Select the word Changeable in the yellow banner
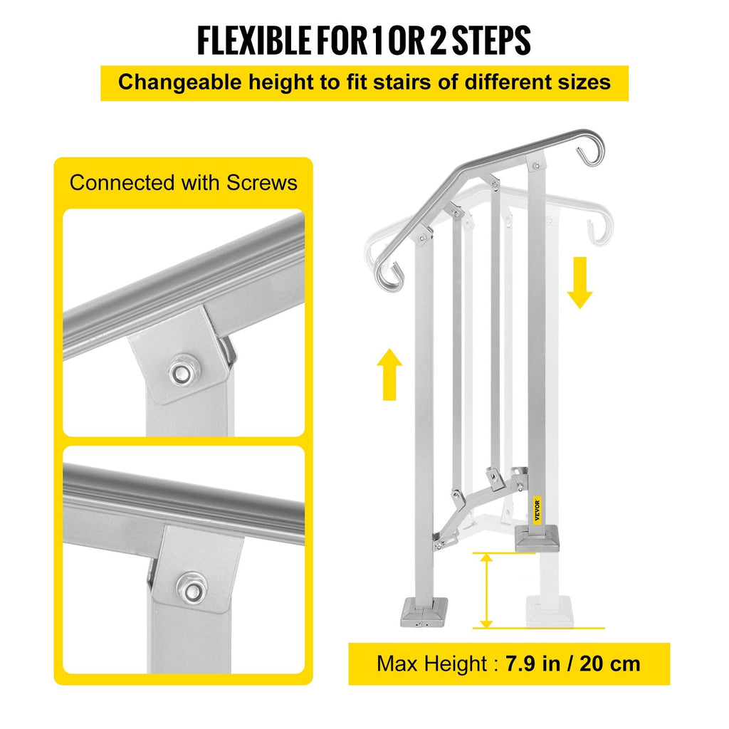(x=180, y=83)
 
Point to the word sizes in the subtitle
(x=584, y=83)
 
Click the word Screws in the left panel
(x=262, y=183)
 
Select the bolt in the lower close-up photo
(x=192, y=590)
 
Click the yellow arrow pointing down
(x=579, y=283)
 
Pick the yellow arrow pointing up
(x=389, y=374)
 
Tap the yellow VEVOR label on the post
(x=537, y=510)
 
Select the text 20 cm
(x=610, y=664)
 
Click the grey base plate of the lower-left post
(x=424, y=612)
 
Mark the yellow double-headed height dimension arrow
(x=486, y=590)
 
